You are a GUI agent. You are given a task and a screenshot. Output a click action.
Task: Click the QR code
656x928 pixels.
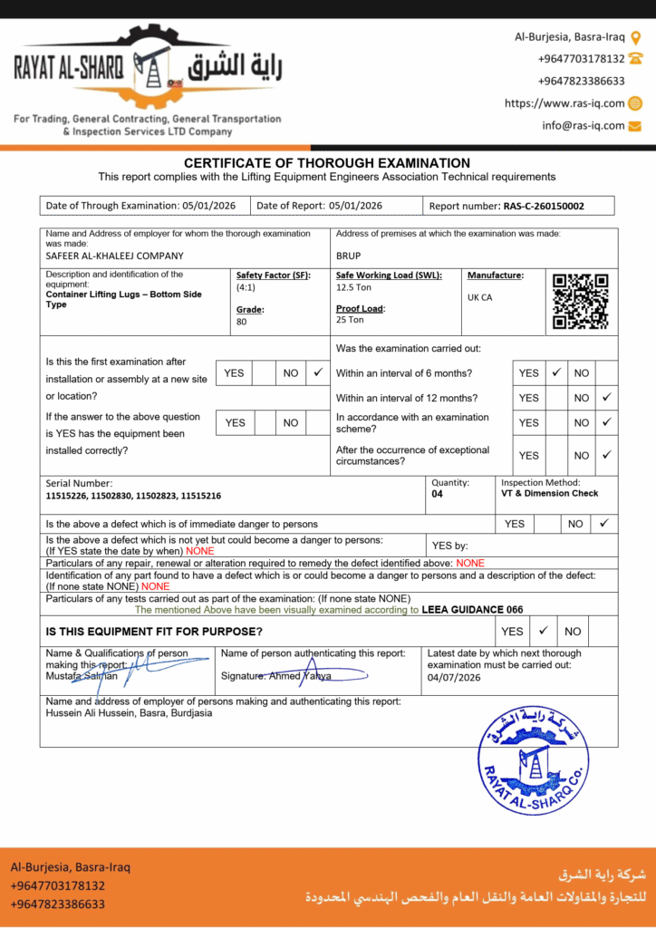click(x=581, y=301)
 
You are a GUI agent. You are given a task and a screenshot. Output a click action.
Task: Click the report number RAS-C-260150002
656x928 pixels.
click(x=544, y=206)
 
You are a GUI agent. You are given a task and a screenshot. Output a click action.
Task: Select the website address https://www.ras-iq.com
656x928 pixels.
click(x=564, y=103)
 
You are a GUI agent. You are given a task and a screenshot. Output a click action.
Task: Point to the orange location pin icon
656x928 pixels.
click(x=636, y=37)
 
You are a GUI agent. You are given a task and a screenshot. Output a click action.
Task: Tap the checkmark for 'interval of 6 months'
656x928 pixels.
click(x=556, y=372)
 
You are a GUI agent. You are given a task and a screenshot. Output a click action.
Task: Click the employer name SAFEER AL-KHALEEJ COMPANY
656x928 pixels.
click(x=114, y=256)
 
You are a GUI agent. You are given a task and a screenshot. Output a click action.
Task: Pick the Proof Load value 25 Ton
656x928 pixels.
click(x=350, y=320)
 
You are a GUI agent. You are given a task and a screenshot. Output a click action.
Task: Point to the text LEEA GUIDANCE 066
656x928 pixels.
click(x=472, y=610)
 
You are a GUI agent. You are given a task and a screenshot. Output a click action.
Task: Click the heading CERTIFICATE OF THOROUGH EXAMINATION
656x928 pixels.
click(x=327, y=163)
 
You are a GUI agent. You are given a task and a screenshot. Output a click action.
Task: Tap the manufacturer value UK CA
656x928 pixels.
click(x=480, y=297)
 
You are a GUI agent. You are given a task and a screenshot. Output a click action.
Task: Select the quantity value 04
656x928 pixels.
click(x=438, y=495)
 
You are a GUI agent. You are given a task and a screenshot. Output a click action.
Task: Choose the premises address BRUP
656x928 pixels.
click(x=348, y=256)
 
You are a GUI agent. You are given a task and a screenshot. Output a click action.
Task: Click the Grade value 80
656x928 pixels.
click(x=241, y=322)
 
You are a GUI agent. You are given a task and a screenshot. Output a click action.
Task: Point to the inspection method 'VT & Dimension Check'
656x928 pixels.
click(x=549, y=494)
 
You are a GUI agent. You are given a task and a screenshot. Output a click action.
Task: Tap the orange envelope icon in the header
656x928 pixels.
click(x=635, y=126)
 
